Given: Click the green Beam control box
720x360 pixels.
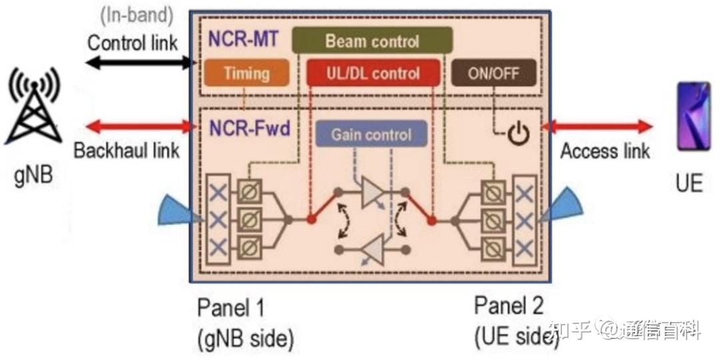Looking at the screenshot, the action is (373, 40).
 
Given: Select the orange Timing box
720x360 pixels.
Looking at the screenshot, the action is (247, 73).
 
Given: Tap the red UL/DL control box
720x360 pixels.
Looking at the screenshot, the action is (373, 73).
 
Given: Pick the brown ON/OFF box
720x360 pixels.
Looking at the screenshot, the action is (493, 73).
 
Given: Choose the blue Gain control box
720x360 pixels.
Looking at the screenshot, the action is (371, 133).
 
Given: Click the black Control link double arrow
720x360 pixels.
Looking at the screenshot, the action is (139, 63).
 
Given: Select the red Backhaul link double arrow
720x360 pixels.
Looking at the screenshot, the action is (139, 126).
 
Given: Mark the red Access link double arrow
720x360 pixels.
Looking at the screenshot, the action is (597, 126).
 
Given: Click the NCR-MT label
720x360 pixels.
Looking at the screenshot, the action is (243, 40).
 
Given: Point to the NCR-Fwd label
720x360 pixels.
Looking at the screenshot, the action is (250, 129).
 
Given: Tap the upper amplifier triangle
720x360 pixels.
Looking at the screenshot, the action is (372, 191).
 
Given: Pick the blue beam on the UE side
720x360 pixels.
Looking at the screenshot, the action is (562, 205).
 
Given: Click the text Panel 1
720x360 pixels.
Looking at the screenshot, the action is (231, 308).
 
